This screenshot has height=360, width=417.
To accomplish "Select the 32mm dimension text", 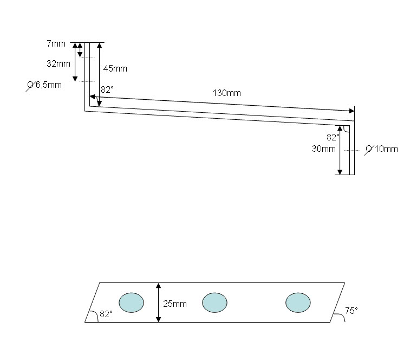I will [58, 63].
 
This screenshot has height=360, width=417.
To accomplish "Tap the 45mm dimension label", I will [115, 68].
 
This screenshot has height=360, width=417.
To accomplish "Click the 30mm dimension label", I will [323, 149].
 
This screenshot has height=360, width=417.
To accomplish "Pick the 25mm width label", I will [175, 304].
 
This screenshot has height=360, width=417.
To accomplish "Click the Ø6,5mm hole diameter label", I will [45, 85].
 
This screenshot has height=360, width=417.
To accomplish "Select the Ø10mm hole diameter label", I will [382, 149].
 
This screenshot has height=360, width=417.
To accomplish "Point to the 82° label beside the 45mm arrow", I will [106, 90].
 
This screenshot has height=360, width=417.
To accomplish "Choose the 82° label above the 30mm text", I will [333, 138].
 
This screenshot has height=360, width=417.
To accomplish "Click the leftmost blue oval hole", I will [131, 302].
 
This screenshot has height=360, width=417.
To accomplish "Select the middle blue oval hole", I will [214, 302].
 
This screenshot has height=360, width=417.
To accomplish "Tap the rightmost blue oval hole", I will [298, 302].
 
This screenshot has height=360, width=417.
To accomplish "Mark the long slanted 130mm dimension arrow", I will [222, 104].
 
